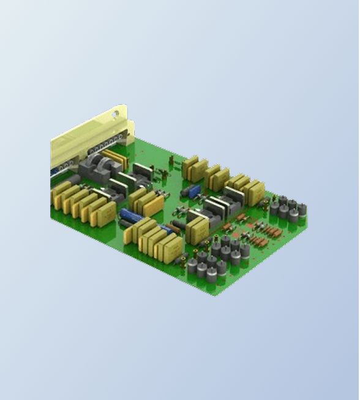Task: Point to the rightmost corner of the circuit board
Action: tap(307, 228)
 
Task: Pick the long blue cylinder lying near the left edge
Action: tap(130, 216)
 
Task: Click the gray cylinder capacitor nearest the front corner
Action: tap(212, 275)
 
